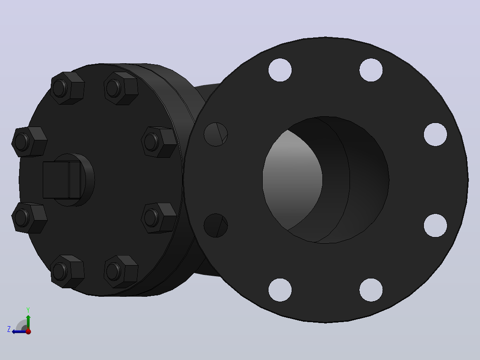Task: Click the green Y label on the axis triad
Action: click(x=28, y=310)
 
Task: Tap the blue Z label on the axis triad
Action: click(x=9, y=329)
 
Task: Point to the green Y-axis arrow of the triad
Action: click(x=28, y=322)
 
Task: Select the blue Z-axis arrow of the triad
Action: click(x=20, y=331)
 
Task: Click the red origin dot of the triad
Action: click(x=28, y=331)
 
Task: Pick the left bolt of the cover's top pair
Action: click(x=67, y=88)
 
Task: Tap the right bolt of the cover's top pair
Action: click(x=121, y=88)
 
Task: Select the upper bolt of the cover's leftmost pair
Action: click(x=29, y=142)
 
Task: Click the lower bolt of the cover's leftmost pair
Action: click(x=29, y=217)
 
